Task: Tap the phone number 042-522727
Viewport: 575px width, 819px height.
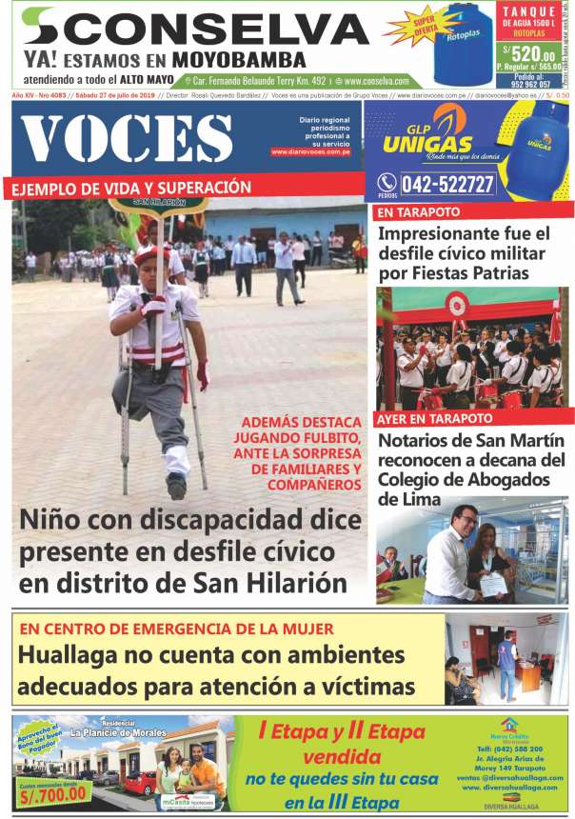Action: (447, 184)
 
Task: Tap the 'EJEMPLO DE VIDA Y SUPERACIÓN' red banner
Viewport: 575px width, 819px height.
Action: (133, 188)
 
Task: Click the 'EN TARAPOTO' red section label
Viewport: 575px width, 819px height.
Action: (419, 211)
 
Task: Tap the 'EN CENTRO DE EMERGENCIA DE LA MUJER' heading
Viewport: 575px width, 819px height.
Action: (176, 629)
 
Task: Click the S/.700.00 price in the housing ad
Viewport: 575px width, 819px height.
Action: (52, 791)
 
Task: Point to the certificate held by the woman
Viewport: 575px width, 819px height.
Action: (491, 586)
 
